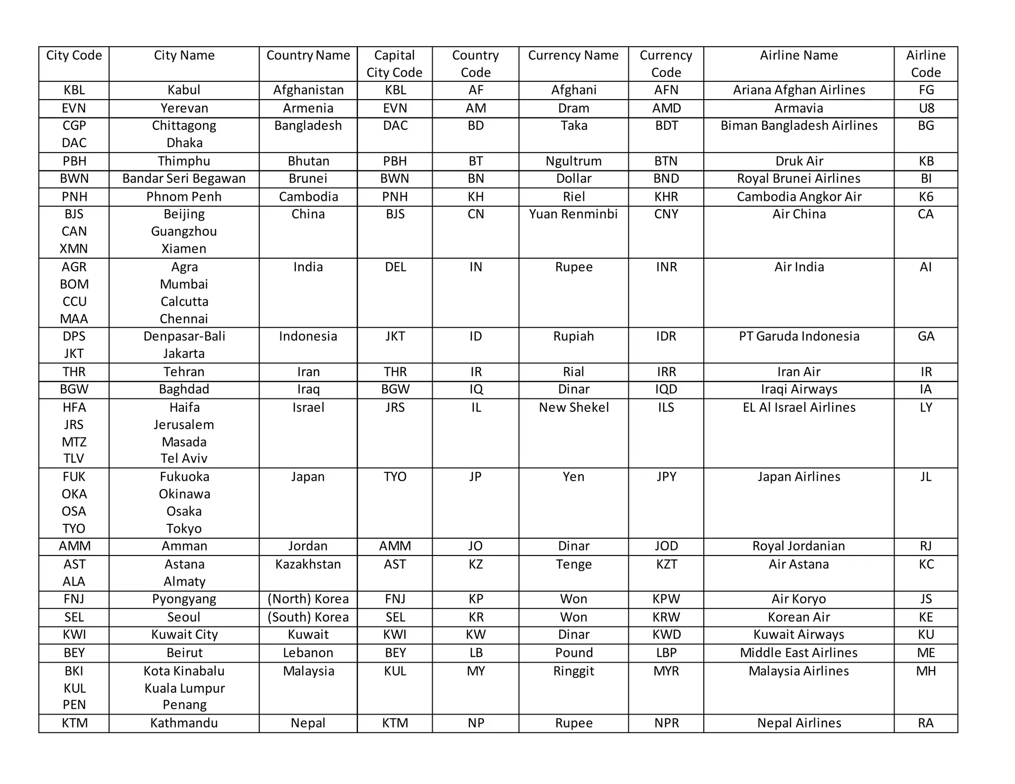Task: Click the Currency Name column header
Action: [573, 56]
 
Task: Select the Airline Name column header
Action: [798, 56]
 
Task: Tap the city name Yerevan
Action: [184, 108]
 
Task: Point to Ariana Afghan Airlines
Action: [799, 90]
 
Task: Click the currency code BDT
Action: [666, 125]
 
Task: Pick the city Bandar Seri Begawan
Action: [184, 178]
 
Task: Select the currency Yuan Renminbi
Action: [573, 214]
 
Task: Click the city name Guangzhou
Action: [184, 231]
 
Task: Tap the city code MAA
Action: [74, 319]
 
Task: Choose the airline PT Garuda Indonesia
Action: [799, 336]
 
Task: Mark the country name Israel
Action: [308, 407]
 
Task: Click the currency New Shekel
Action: [573, 407]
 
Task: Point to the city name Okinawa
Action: [184, 494]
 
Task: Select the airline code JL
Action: [925, 477]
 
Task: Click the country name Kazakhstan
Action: [308, 564]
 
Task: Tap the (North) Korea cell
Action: [308, 599]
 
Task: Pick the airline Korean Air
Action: [798, 617]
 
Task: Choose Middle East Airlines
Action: [798, 653]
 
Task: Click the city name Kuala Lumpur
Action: [184, 688]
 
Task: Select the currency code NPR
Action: [666, 723]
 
